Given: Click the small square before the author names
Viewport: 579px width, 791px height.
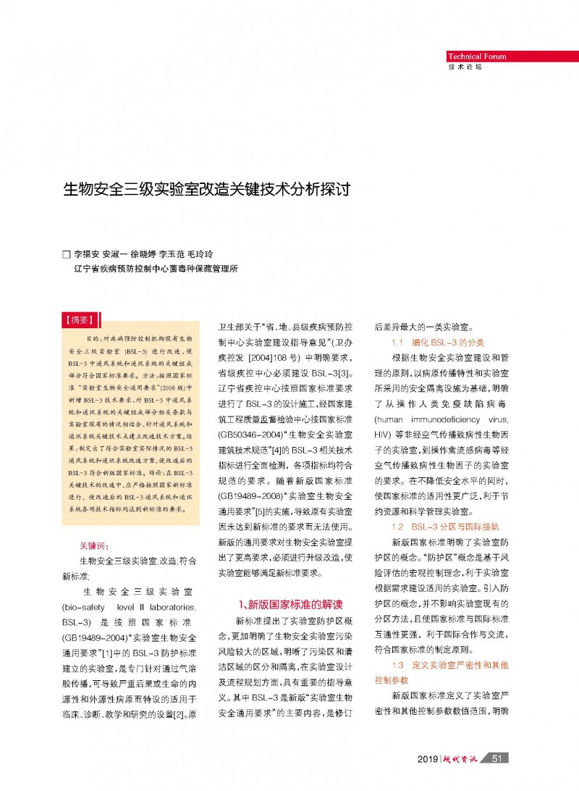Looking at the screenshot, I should (67, 255).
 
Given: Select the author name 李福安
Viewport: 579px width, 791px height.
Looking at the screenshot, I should (87, 255).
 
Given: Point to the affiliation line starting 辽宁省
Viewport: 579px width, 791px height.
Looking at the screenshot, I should (156, 269).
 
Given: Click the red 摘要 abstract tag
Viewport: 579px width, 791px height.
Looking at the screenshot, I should (80, 319).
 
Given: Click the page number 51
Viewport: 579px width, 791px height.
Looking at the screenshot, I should (496, 758).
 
